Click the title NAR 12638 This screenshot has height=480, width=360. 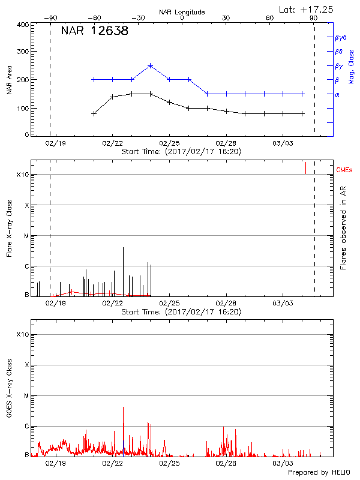94,31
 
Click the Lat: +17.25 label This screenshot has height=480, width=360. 307,9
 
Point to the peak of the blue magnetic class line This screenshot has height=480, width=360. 150,65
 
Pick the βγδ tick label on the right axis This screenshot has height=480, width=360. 341,37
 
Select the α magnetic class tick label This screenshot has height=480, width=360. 337,94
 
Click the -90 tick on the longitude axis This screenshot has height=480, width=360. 50,19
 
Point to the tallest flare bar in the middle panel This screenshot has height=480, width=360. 123,248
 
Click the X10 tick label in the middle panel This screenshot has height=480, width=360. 22,175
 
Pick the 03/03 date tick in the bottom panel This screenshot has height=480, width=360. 283,463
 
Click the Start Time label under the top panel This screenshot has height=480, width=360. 181,152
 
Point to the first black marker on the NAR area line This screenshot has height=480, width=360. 94,113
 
